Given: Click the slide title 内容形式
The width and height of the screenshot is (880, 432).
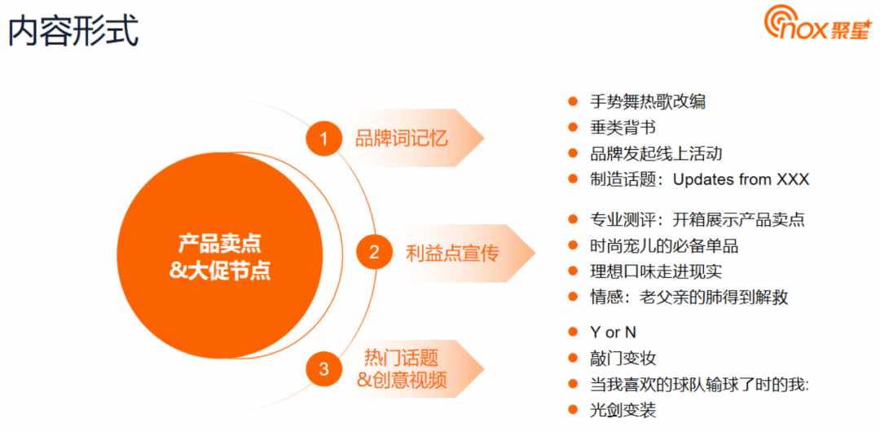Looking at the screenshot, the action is pos(73,31).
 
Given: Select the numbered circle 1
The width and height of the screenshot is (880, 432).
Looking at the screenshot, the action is pos(323,139).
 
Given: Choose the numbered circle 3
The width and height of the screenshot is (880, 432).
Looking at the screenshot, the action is pos(323,369).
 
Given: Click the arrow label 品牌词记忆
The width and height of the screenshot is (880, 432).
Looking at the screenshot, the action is pos(401,139).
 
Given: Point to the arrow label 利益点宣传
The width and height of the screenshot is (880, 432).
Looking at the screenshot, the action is pos(451,253).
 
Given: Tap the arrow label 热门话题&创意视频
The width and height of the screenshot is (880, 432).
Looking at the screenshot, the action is pos(402,369).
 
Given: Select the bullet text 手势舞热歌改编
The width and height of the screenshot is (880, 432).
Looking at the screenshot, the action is pos(648,102).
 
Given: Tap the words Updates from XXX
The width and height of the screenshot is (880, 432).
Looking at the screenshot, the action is pos(741,180).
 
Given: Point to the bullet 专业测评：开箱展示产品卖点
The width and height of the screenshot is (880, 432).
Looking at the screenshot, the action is pos(697,219).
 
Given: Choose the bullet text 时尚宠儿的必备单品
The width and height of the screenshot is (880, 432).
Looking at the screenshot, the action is pos(664,245).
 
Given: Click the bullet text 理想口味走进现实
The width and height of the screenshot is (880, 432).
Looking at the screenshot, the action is pos(655,271).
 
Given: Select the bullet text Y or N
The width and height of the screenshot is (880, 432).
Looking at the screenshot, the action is pos(613,332).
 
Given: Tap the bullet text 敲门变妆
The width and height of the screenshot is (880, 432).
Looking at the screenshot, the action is pos(623,359).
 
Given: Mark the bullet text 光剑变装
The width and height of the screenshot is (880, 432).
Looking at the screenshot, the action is pos(623,410).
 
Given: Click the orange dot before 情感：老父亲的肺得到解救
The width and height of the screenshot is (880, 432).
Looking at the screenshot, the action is pos(573,297).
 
